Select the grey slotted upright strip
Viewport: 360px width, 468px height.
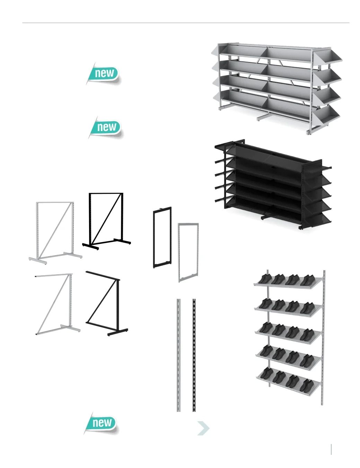pos(178,355)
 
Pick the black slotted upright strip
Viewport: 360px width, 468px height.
pos(194,355)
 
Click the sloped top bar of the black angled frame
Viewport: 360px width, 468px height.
pos(103,276)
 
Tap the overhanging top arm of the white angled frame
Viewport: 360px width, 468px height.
pos(54,275)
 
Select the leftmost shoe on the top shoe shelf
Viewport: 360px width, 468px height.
pos(265,279)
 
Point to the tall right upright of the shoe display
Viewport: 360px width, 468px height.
pos(323,338)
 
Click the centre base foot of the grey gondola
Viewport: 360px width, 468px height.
pos(262,118)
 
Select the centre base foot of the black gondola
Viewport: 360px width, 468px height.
pos(267,216)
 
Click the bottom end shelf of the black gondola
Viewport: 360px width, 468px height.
pos(318,220)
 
